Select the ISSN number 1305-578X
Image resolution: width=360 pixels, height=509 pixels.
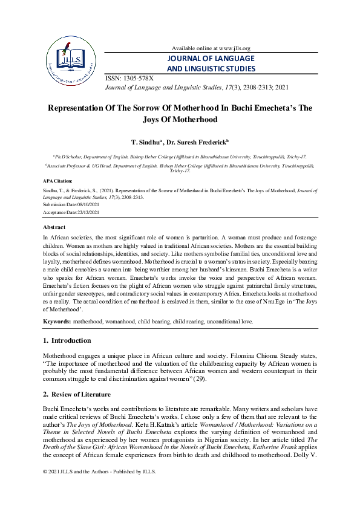point(138,79)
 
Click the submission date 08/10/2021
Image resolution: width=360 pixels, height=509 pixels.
point(90,204)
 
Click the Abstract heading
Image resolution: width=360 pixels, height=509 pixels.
point(54,227)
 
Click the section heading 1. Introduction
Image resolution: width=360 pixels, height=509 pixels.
point(67,340)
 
